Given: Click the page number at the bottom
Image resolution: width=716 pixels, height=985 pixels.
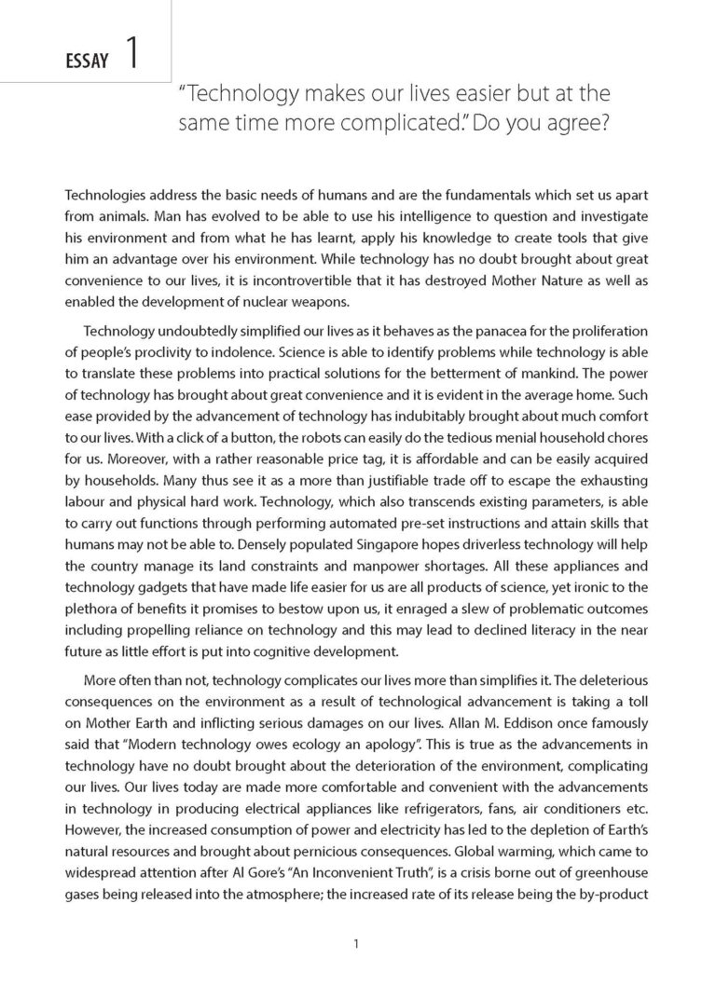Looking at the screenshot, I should (357, 944).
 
